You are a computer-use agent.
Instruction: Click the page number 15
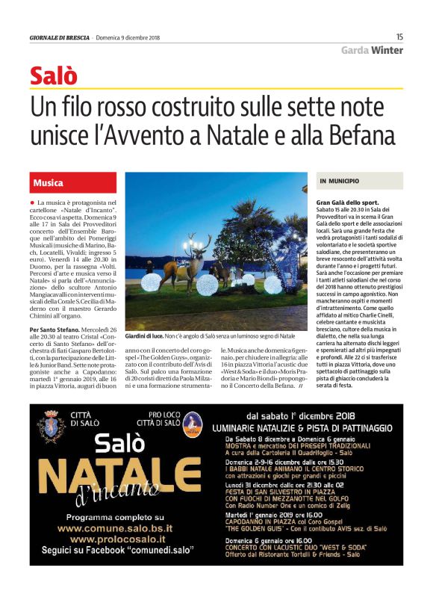(399, 36)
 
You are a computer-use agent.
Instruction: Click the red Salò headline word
(54, 75)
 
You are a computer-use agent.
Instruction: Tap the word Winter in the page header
(387, 50)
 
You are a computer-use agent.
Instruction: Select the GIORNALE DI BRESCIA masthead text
(59, 37)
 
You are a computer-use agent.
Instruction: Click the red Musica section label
(49, 182)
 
